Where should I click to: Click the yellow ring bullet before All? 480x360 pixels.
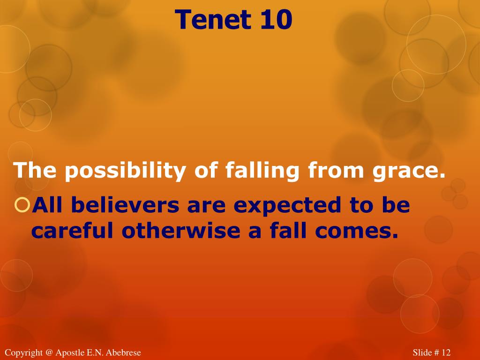[x=22, y=204]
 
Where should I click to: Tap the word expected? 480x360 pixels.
[x=285, y=205]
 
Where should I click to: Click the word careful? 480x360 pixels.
[x=72, y=230]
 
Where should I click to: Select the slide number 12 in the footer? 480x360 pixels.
[x=446, y=352]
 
